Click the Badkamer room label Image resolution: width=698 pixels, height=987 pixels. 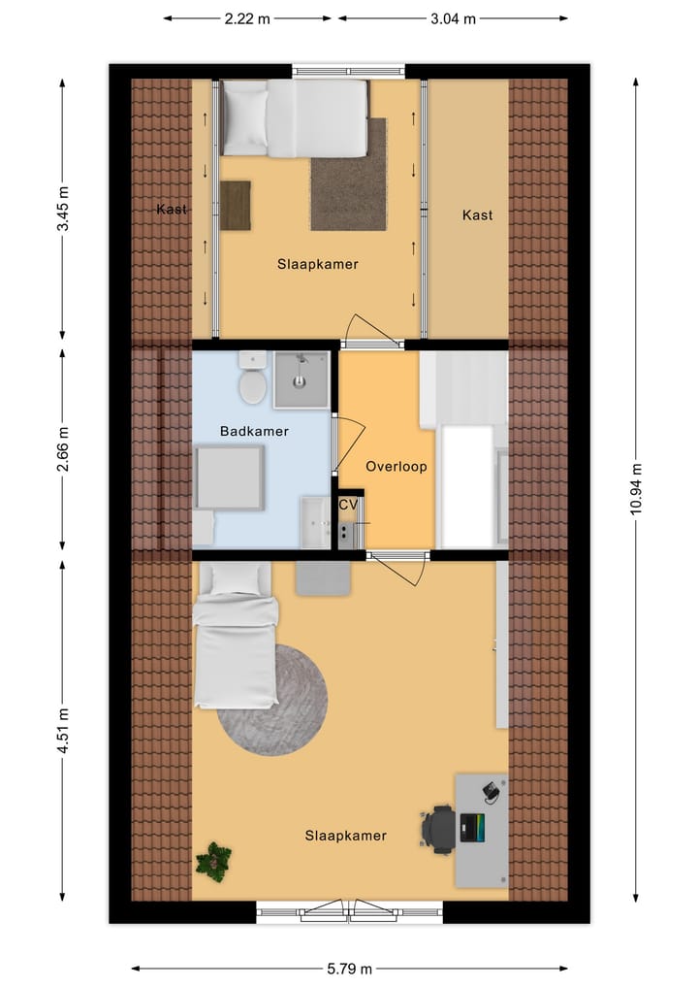254,431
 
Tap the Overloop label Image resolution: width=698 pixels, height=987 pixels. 396,467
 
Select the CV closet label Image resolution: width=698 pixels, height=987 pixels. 347,505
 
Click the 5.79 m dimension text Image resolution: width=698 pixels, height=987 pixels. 349,968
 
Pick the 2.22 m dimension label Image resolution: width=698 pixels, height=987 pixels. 247,18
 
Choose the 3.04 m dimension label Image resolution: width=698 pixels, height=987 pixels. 453,18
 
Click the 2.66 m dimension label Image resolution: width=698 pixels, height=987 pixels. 63,450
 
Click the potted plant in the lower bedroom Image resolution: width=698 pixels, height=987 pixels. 213,860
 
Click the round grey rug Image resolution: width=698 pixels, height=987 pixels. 271,699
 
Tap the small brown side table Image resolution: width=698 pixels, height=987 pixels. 235,205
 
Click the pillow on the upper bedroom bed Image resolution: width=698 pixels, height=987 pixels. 245,117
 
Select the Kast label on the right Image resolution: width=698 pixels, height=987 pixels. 477,214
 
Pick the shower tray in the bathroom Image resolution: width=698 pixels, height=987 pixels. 301,379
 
